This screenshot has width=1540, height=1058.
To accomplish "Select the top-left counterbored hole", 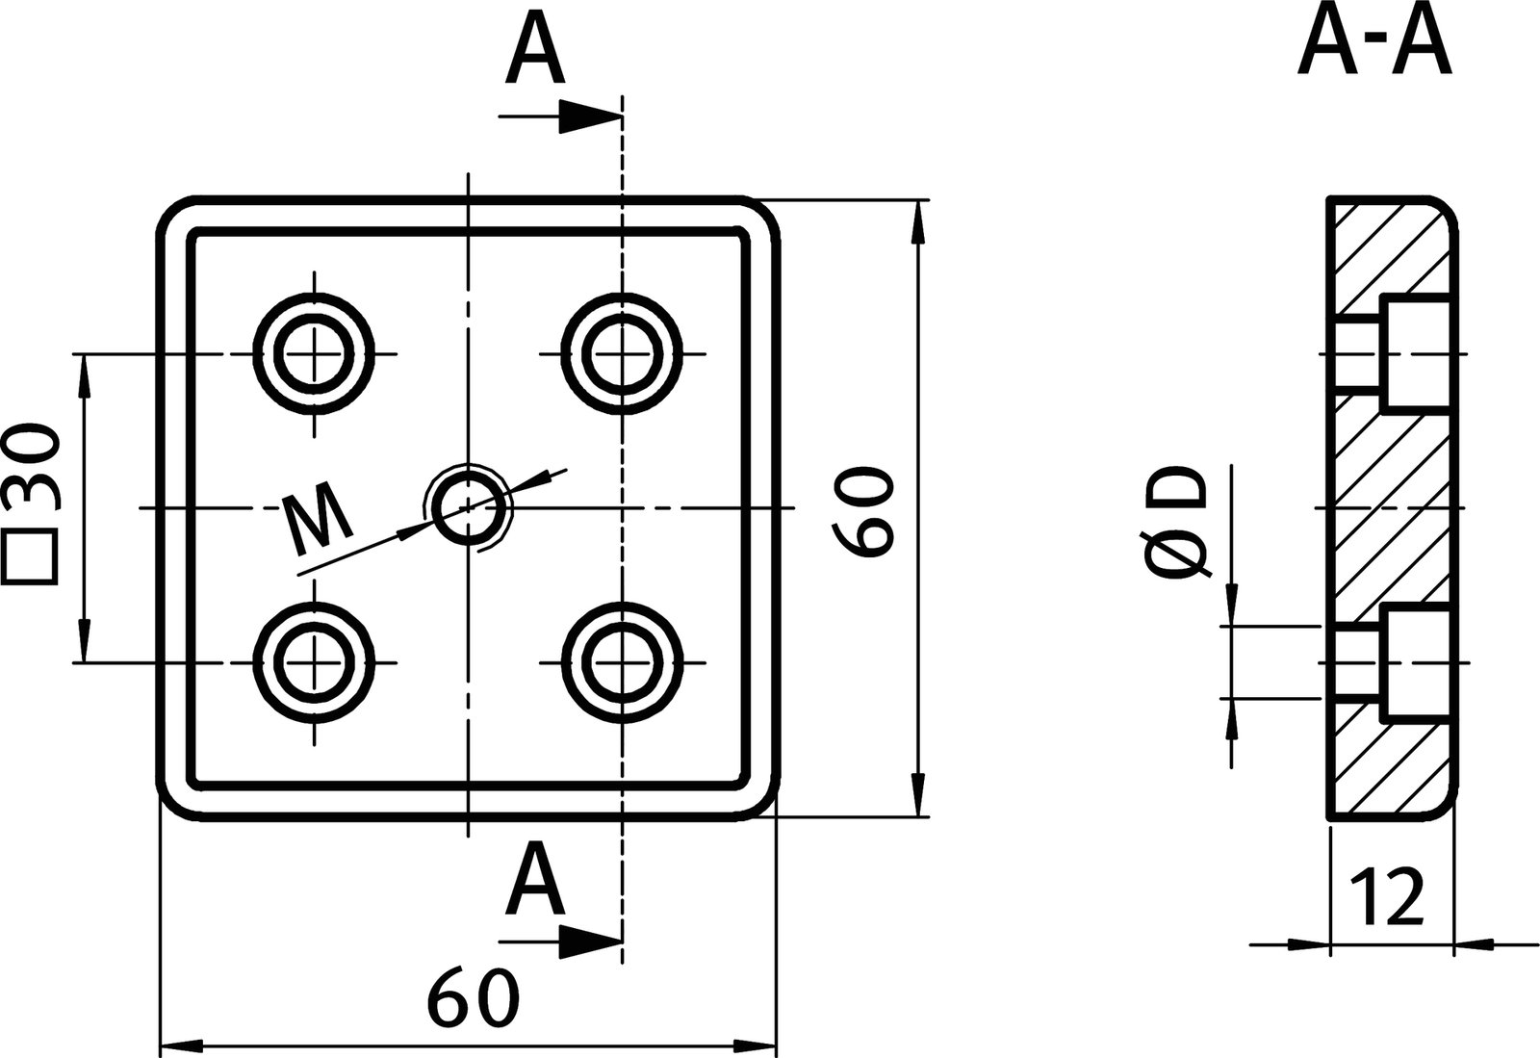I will click(x=314, y=354).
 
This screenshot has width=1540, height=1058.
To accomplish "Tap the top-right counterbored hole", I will click(x=623, y=354).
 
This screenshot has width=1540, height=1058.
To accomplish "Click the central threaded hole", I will click(x=468, y=507).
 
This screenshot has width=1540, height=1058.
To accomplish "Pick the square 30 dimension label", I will click(x=31, y=505).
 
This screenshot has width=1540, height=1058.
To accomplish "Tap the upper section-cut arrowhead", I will click(x=589, y=117).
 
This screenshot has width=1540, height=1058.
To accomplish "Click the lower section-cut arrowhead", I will click(x=589, y=942).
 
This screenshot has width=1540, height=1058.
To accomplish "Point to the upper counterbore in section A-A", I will click(x=1415, y=354).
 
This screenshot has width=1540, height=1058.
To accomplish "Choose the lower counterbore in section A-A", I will click(x=1415, y=663).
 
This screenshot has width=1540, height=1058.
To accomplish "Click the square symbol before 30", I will click(x=31, y=561).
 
